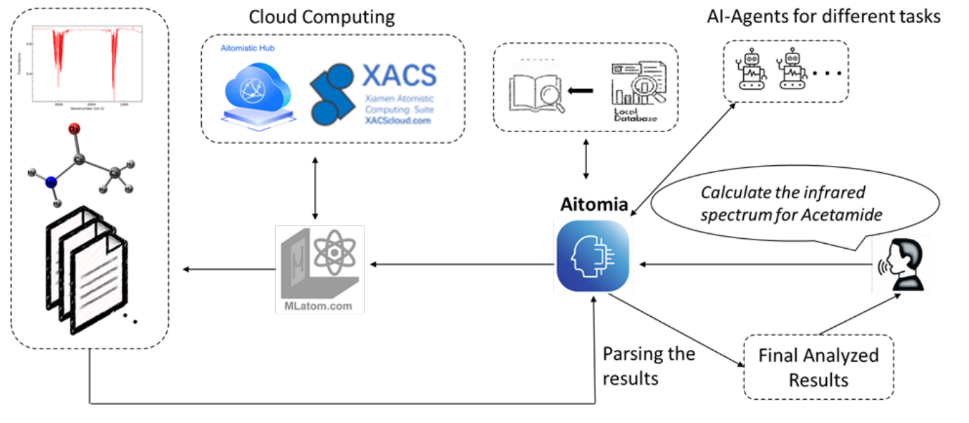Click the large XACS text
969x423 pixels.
click(x=398, y=74)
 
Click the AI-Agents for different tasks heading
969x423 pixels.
click(x=823, y=16)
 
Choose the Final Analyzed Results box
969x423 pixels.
click(x=818, y=367)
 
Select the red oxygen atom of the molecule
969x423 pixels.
click(x=75, y=130)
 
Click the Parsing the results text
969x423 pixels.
click(x=648, y=366)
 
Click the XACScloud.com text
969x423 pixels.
click(x=398, y=120)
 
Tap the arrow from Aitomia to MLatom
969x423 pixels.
click(x=461, y=264)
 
